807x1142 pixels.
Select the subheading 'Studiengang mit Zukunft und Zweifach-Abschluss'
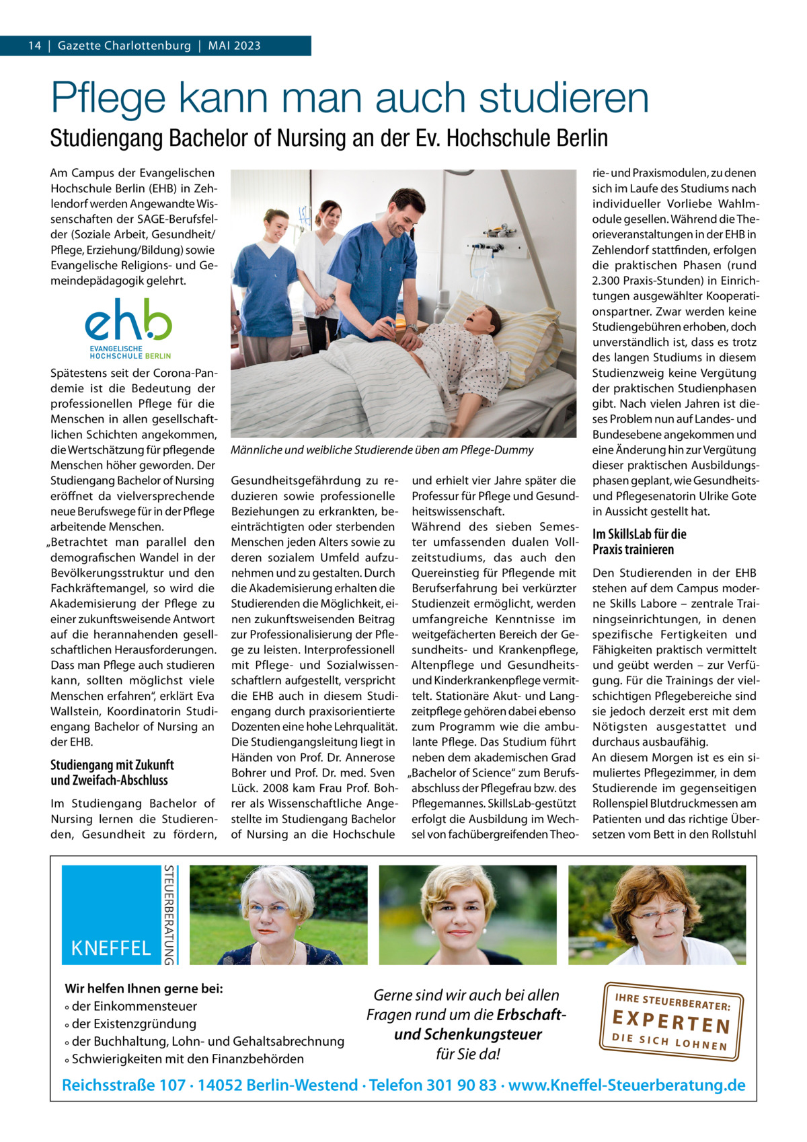tap(112, 773)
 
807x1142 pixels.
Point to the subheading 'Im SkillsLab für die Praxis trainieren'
tap(639, 542)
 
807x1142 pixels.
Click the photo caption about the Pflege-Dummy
tap(382, 450)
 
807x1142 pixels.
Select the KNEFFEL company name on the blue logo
tap(111, 948)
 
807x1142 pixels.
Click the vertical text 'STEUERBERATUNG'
tap(171, 915)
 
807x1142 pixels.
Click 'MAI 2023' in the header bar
tap(234, 46)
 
